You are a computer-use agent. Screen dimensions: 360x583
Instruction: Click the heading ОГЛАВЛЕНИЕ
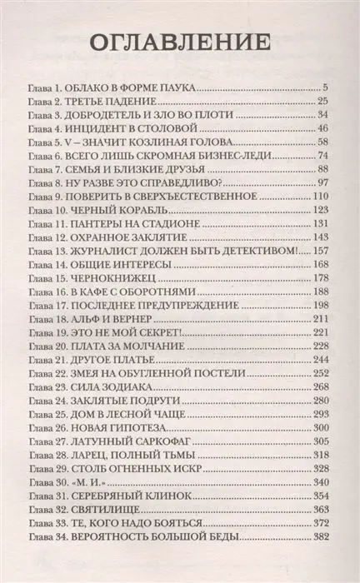180,42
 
